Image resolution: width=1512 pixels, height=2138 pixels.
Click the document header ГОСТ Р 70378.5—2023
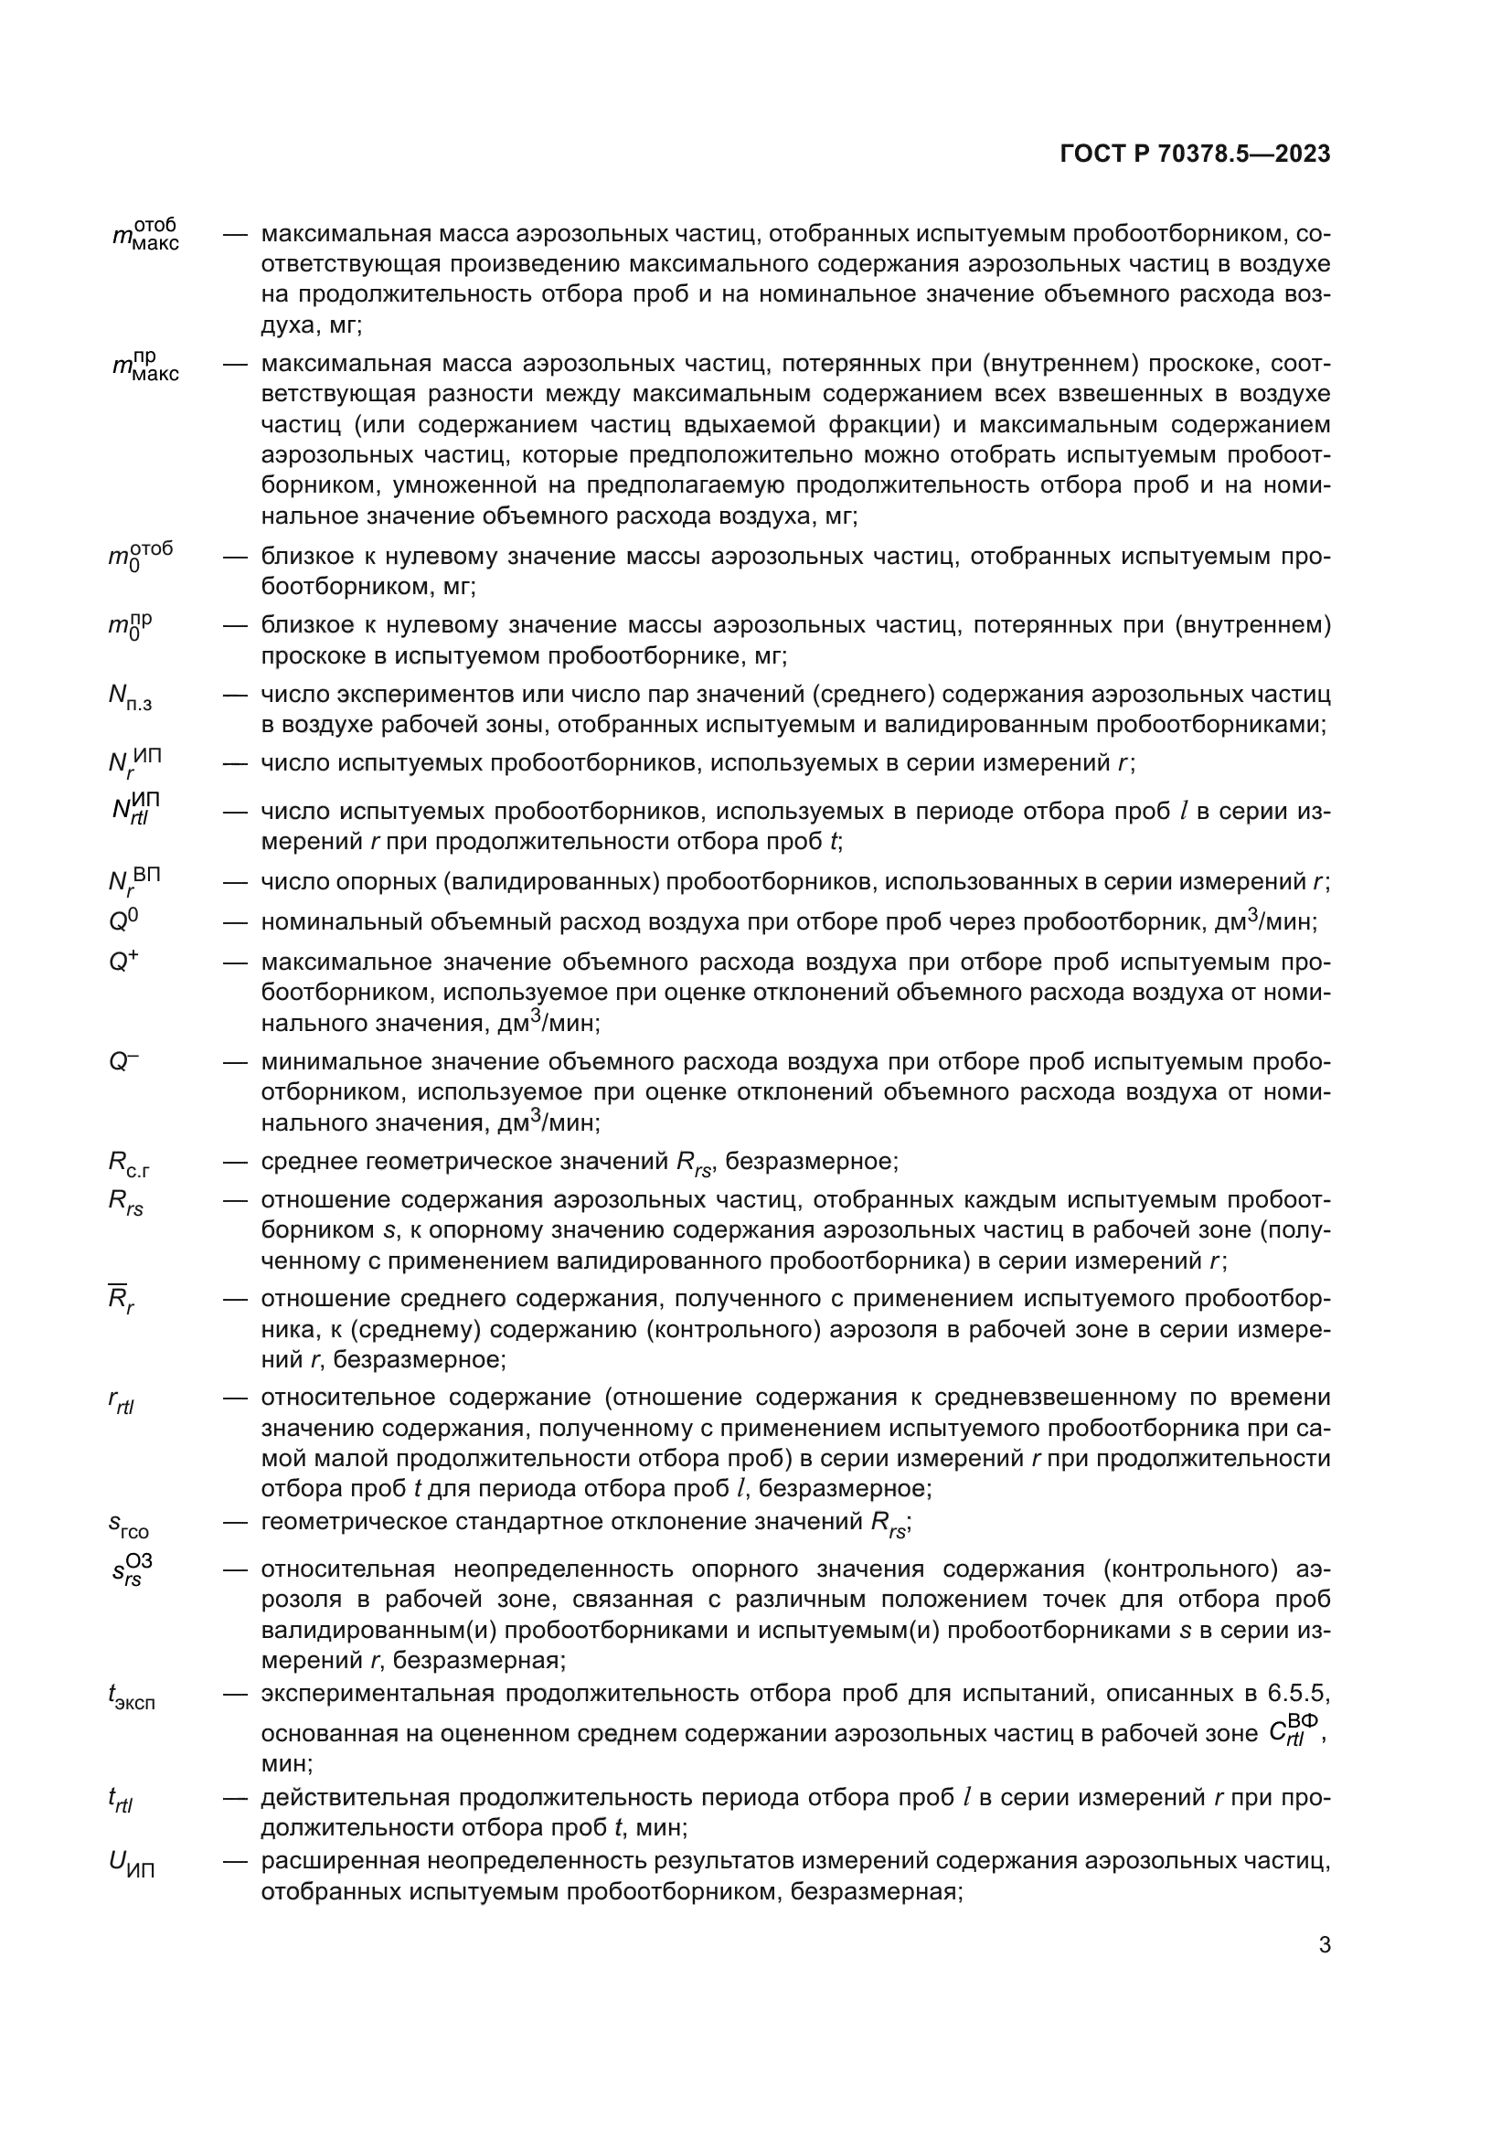click(1195, 154)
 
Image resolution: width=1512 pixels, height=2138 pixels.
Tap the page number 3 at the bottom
click(1324, 1945)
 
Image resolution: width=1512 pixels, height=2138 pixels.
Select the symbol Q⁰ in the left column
click(123, 921)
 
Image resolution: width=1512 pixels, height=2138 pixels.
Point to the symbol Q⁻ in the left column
click(123, 1060)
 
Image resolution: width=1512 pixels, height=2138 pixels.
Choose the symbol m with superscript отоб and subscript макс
click(145, 235)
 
